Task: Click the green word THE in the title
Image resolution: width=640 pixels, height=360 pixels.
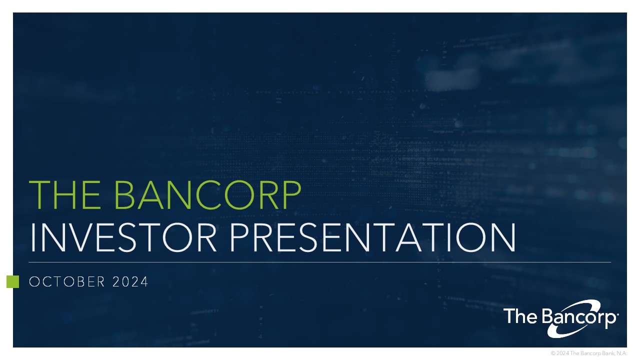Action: point(65,194)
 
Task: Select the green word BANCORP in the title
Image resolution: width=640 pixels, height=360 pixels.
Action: point(207,194)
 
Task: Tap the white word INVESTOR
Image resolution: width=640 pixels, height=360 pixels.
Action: point(123,237)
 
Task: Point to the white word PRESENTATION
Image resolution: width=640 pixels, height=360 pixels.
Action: point(373,237)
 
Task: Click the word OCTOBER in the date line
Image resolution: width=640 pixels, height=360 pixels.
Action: point(67,281)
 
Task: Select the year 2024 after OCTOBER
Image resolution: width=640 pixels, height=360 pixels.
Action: point(130,281)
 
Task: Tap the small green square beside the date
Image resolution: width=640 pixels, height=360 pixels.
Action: point(13,281)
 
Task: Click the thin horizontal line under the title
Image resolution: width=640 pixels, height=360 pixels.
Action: point(320,262)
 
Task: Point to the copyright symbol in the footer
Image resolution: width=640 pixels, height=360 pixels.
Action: point(553,353)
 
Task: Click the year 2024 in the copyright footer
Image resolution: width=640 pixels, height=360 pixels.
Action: point(562,353)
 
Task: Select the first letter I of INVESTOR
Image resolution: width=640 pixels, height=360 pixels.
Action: point(32,237)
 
